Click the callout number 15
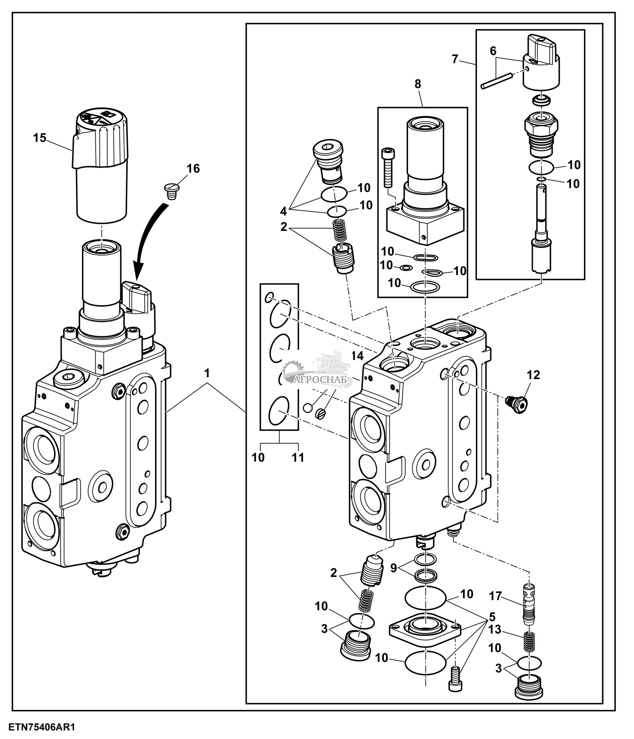[40, 138]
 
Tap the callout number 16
[193, 168]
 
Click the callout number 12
[533, 375]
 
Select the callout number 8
[418, 84]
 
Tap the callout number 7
[455, 59]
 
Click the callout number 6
[493, 51]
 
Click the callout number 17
[495, 596]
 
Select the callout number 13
[495, 630]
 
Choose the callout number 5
[492, 616]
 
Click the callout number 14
[357, 355]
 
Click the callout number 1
[207, 373]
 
